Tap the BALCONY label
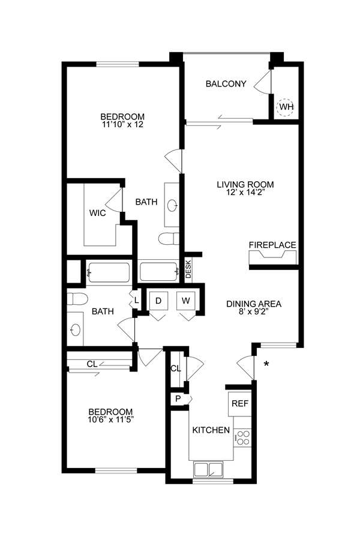coord(226,84)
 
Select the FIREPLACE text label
coord(272,245)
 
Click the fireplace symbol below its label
coord(272,257)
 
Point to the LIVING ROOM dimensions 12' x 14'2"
coord(245,193)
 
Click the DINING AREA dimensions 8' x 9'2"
coord(253,312)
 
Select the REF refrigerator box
coord(239,404)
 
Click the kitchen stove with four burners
coord(242,437)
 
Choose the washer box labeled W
coord(187,301)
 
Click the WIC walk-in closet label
coord(98,213)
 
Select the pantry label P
coord(179,399)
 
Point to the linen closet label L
coord(137,299)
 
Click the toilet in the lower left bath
coord(78,298)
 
